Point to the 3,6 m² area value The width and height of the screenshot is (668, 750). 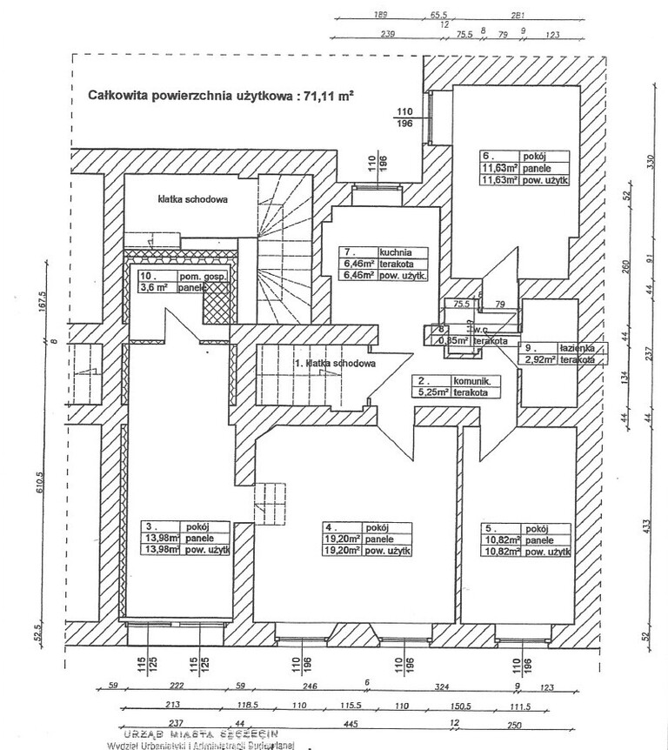coord(156,286)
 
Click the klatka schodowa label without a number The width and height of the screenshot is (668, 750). coord(193,199)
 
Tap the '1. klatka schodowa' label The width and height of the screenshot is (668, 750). coord(335,364)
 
